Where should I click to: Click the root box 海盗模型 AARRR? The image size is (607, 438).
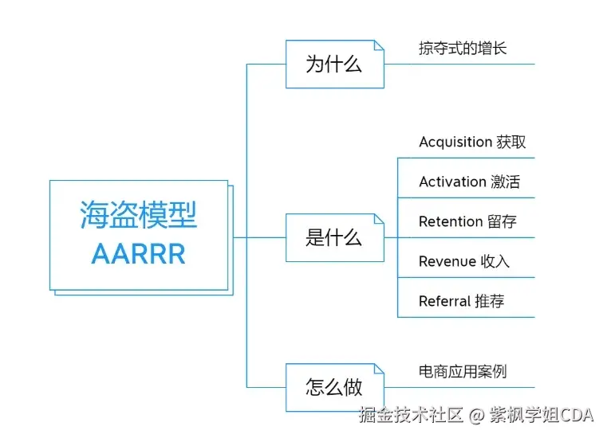click(139, 234)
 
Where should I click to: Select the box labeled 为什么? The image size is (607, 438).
click(334, 65)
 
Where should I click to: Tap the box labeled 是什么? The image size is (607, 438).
click(334, 237)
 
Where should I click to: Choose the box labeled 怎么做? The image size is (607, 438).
click(334, 387)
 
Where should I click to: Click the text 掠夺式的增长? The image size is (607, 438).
click(463, 49)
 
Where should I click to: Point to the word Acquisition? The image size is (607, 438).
click(455, 142)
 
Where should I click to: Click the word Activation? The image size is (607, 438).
click(452, 182)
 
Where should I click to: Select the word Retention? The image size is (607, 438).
click(451, 221)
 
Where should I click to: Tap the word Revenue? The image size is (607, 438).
click(447, 261)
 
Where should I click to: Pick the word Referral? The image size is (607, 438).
click(444, 301)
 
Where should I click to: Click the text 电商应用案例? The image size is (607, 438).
click(463, 371)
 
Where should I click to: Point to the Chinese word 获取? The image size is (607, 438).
click(511, 142)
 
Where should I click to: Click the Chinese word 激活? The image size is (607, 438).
click(505, 182)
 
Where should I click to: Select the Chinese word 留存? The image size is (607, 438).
click(502, 221)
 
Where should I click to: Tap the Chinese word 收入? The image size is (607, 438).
click(495, 261)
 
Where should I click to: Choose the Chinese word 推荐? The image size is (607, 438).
click(489, 301)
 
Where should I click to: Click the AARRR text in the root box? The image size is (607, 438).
click(139, 254)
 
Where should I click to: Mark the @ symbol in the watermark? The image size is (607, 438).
click(476, 415)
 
